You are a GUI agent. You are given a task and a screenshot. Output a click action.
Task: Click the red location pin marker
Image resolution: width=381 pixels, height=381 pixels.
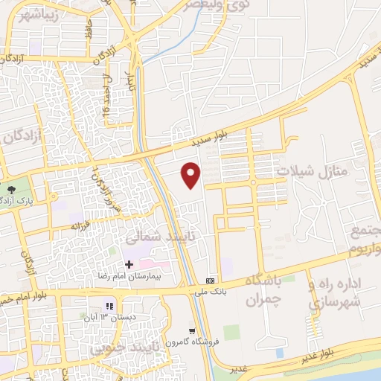coord(192,174)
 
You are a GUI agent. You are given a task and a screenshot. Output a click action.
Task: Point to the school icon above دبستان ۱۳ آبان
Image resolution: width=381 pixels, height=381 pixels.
coord(110,306)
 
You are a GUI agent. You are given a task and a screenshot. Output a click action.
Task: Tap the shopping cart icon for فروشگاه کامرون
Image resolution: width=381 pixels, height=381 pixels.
coord(193,330)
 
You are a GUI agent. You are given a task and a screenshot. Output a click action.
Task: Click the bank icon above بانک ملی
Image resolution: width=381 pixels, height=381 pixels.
coord(211,281)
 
